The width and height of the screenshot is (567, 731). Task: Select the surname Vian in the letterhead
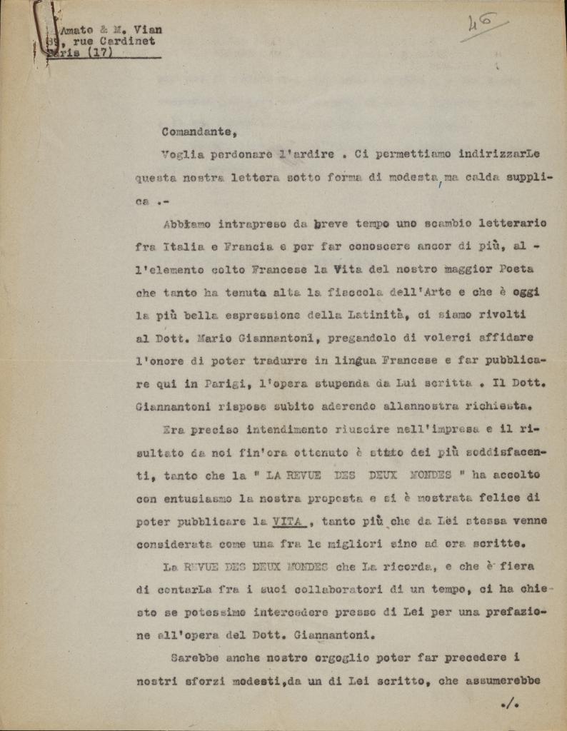coord(148,29)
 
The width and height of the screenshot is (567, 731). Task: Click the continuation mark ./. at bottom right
coord(511,705)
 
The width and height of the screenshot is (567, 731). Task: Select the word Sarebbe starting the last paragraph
coord(196,658)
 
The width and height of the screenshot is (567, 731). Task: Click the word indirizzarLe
coord(498,154)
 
